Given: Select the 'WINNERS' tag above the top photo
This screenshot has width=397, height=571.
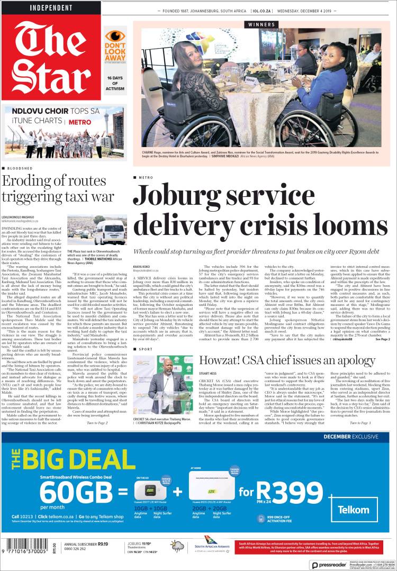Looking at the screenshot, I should tap(261, 24).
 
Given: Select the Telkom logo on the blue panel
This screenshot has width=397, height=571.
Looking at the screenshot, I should tap(355, 510).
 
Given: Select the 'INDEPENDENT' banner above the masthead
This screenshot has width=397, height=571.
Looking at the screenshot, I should tap(51, 8).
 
